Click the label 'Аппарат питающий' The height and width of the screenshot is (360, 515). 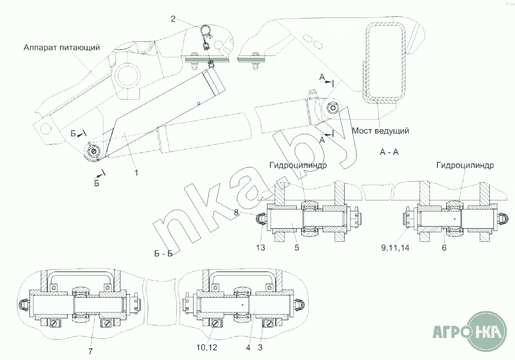coord(62,48)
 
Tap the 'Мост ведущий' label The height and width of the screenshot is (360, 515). coord(381,131)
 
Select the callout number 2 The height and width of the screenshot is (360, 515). coord(173,19)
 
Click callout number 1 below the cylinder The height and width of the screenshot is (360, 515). coord(136,173)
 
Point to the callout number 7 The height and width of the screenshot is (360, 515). coord(90,351)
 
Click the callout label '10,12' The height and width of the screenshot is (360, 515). coord(207,348)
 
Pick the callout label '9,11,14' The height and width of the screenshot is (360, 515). coord(395,248)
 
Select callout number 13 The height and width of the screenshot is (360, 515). coord(261,248)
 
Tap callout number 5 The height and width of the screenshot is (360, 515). coord(297,248)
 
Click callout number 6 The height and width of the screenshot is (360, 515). coord(444,248)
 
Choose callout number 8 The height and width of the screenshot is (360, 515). coord(236,213)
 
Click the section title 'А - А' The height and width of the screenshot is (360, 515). coord(389,152)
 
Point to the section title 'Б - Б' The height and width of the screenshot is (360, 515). coord(164,254)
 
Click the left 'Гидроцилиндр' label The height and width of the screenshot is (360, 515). coord(298,165)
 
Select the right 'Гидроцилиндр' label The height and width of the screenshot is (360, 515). coord(465,165)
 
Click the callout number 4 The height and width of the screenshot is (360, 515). coord(248,348)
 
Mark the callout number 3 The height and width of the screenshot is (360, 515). coord(260,348)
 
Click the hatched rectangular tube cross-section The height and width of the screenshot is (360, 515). coord(367,62)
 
